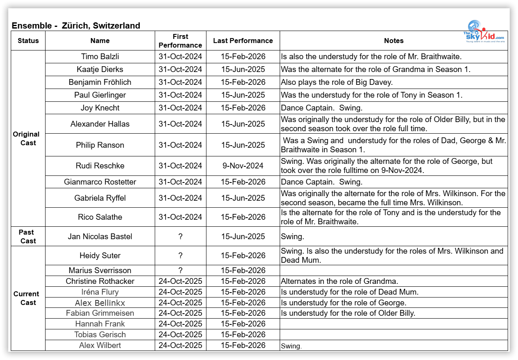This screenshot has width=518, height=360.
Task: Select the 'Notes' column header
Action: point(393,41)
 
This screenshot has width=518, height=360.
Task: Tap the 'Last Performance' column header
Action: point(243,41)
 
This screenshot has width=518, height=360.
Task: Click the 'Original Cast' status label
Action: point(26,139)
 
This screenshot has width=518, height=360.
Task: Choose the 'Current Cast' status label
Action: point(26,298)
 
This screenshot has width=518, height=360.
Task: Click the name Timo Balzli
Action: point(100,56)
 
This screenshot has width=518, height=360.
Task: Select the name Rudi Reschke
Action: point(100,166)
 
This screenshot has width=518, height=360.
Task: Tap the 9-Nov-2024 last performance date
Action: point(243,166)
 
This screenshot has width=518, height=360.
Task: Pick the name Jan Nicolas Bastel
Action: point(100,237)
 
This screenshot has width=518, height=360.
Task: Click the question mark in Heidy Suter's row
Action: point(180,255)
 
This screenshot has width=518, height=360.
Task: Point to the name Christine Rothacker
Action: point(100,281)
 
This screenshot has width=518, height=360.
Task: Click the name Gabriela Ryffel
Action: point(100,198)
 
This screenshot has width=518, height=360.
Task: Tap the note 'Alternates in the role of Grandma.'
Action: point(339,281)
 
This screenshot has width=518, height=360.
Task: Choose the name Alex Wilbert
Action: point(100,345)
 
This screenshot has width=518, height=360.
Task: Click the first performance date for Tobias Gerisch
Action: point(180,334)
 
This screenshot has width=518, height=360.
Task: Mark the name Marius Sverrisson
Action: point(100,270)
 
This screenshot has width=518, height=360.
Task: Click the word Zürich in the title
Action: point(75,26)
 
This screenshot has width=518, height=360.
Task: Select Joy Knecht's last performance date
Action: point(243,108)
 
